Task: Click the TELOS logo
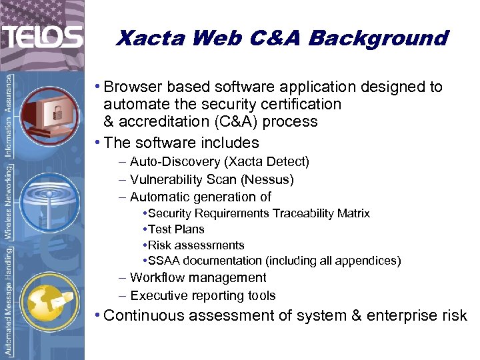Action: [42, 37]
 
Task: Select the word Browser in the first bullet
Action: [133, 87]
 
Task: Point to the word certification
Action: [300, 105]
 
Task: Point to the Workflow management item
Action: [198, 278]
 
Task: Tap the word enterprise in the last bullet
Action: [399, 315]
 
